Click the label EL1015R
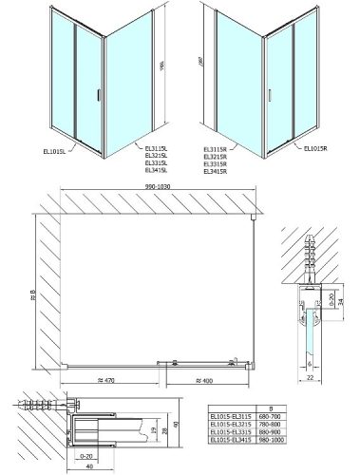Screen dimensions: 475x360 point(321,147)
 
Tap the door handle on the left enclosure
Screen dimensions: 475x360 point(96,92)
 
